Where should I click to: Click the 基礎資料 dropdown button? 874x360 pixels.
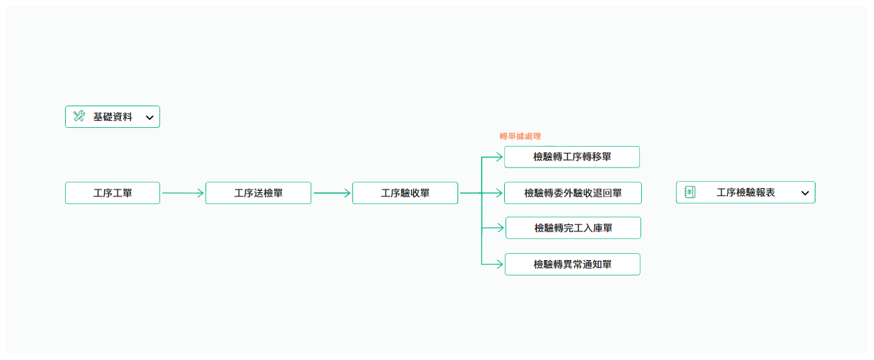coord(113,117)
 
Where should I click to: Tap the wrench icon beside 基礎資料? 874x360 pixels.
coord(79,117)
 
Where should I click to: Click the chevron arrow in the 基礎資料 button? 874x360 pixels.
coord(149,117)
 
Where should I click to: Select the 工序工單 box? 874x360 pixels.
coord(113,193)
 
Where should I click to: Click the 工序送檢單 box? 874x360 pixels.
coord(258,193)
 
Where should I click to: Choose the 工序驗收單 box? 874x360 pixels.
coord(405,193)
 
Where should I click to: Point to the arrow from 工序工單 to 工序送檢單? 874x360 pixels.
coord(182,193)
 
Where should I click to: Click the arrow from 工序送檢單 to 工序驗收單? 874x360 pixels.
coord(331,193)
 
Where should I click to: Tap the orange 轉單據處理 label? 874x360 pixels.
coord(520,136)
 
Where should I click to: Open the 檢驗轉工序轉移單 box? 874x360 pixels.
coord(572,157)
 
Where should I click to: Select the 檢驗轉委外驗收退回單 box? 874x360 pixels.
coord(573,193)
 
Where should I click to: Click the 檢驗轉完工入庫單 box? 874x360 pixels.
coord(573,228)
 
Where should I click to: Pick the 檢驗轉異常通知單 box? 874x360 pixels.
coord(572,264)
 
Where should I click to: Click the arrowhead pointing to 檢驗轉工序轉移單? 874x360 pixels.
coord(498,157)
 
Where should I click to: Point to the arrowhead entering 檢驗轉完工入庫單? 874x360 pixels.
coord(499,228)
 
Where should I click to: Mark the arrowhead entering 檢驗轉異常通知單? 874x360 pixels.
coord(499,264)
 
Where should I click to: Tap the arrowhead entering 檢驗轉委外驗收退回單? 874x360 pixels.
coord(498,193)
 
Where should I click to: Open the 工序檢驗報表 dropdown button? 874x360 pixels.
coord(745,192)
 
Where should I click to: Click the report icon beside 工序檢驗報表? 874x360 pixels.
coord(689,192)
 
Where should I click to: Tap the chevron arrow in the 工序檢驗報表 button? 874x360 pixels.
coord(805,193)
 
